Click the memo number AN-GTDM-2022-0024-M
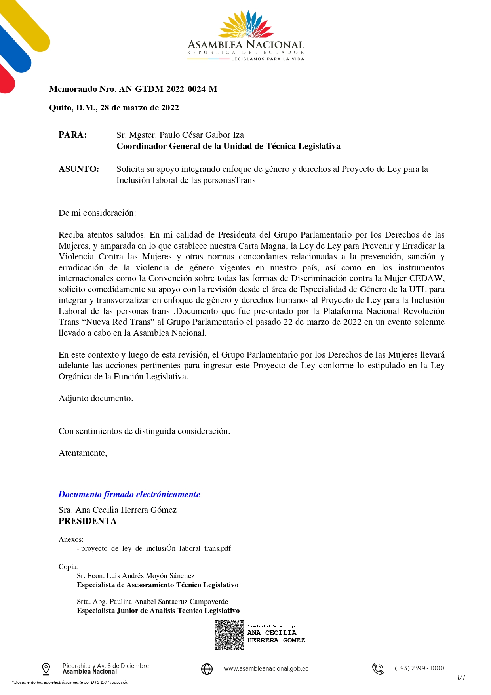coord(168,89)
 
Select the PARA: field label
coord(73,135)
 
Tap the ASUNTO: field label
coord(79,169)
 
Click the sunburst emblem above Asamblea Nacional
coord(246,25)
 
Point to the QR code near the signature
coord(229,634)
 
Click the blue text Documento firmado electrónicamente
coord(129,494)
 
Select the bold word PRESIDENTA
coord(88,521)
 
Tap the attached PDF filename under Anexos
coord(156,548)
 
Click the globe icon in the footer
coord(207,669)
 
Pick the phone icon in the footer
coord(378,669)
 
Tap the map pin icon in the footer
coord(46,669)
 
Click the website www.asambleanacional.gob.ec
coord(266,669)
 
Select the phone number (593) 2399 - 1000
coord(419,668)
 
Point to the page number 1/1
coord(461,678)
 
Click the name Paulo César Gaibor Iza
coord(202,135)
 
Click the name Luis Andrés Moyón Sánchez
coord(150,576)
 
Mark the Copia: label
coord(69,567)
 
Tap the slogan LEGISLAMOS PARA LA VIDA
coord(268,59)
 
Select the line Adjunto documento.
coord(96,398)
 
